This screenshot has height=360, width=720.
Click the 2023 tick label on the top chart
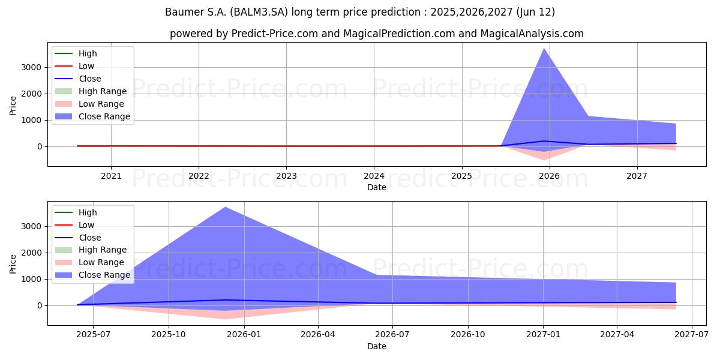pyautogui.click(x=286, y=176)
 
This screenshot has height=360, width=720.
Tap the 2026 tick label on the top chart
pyautogui.click(x=550, y=176)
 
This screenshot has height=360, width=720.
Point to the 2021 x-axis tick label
pyautogui.click(x=111, y=176)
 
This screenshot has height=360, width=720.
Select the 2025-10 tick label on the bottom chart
pyautogui.click(x=169, y=335)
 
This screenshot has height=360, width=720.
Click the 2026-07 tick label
pyautogui.click(x=392, y=335)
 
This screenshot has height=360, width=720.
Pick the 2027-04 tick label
pyautogui.click(x=617, y=335)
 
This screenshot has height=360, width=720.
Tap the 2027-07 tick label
pyautogui.click(x=691, y=335)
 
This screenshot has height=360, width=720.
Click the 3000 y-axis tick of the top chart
pyautogui.click(x=31, y=67)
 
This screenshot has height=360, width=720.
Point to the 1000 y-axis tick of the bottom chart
pyautogui.click(x=31, y=280)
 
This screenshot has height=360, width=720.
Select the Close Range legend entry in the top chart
pyautogui.click(x=92, y=116)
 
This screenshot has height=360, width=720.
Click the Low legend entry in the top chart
pyautogui.click(x=74, y=66)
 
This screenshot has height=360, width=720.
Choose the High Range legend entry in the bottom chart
pyautogui.click(x=91, y=250)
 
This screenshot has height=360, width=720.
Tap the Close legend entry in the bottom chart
pyautogui.click(x=78, y=238)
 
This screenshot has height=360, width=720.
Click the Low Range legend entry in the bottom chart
pyautogui.click(x=89, y=262)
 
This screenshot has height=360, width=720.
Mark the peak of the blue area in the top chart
pyautogui.click(x=544, y=48)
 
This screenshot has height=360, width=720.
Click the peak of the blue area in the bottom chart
pyautogui.click(x=226, y=207)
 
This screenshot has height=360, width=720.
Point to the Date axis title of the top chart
pyautogui.click(x=377, y=187)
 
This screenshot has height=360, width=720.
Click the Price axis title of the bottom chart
pyautogui.click(x=13, y=264)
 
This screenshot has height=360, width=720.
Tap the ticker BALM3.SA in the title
pyautogui.click(x=259, y=12)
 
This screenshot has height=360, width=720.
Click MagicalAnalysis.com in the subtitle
pyautogui.click(x=532, y=34)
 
